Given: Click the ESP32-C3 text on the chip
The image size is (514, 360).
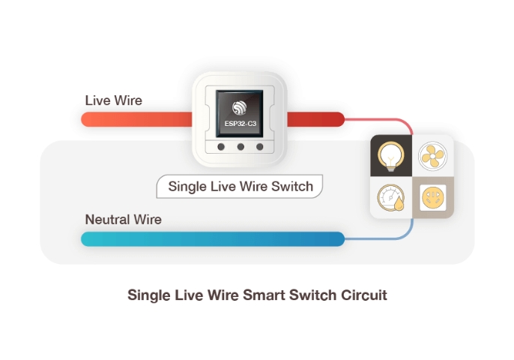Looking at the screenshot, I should pyautogui.click(x=240, y=123).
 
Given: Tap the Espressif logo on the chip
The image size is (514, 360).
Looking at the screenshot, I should pyautogui.click(x=240, y=108).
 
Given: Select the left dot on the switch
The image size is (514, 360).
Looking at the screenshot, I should pyautogui.click(x=223, y=148).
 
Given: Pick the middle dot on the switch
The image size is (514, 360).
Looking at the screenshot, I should pyautogui.click(x=241, y=148).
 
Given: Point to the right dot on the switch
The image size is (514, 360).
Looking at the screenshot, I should pyautogui.click(x=260, y=148).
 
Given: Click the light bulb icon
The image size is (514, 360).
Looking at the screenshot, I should pyautogui.click(x=391, y=156).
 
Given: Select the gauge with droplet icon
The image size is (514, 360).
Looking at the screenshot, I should pyautogui.click(x=391, y=199).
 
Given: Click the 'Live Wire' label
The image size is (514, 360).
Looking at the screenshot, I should pyautogui.click(x=113, y=100).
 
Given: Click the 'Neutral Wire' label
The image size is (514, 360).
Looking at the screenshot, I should pyautogui.click(x=123, y=220).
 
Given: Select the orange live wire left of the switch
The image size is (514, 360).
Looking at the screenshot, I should pyautogui.click(x=135, y=118).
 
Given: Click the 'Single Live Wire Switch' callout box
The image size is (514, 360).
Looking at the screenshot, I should pyautogui.click(x=240, y=187).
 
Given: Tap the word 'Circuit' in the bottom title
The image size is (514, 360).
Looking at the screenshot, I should pyautogui.click(x=363, y=295).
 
